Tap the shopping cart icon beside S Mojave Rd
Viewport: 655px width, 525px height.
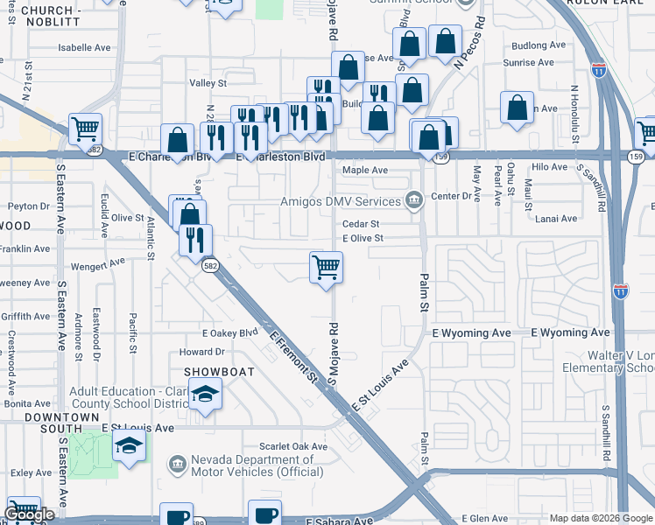point(326,267)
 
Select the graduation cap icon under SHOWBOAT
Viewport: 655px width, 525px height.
point(205,396)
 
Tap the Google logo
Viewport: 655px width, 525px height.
point(29,514)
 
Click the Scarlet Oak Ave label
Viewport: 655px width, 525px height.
point(298,446)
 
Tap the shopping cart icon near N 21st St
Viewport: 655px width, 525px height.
point(85,129)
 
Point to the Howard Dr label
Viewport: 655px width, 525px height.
point(202,353)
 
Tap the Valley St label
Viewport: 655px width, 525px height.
point(208,83)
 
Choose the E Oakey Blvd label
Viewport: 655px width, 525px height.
point(230,332)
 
